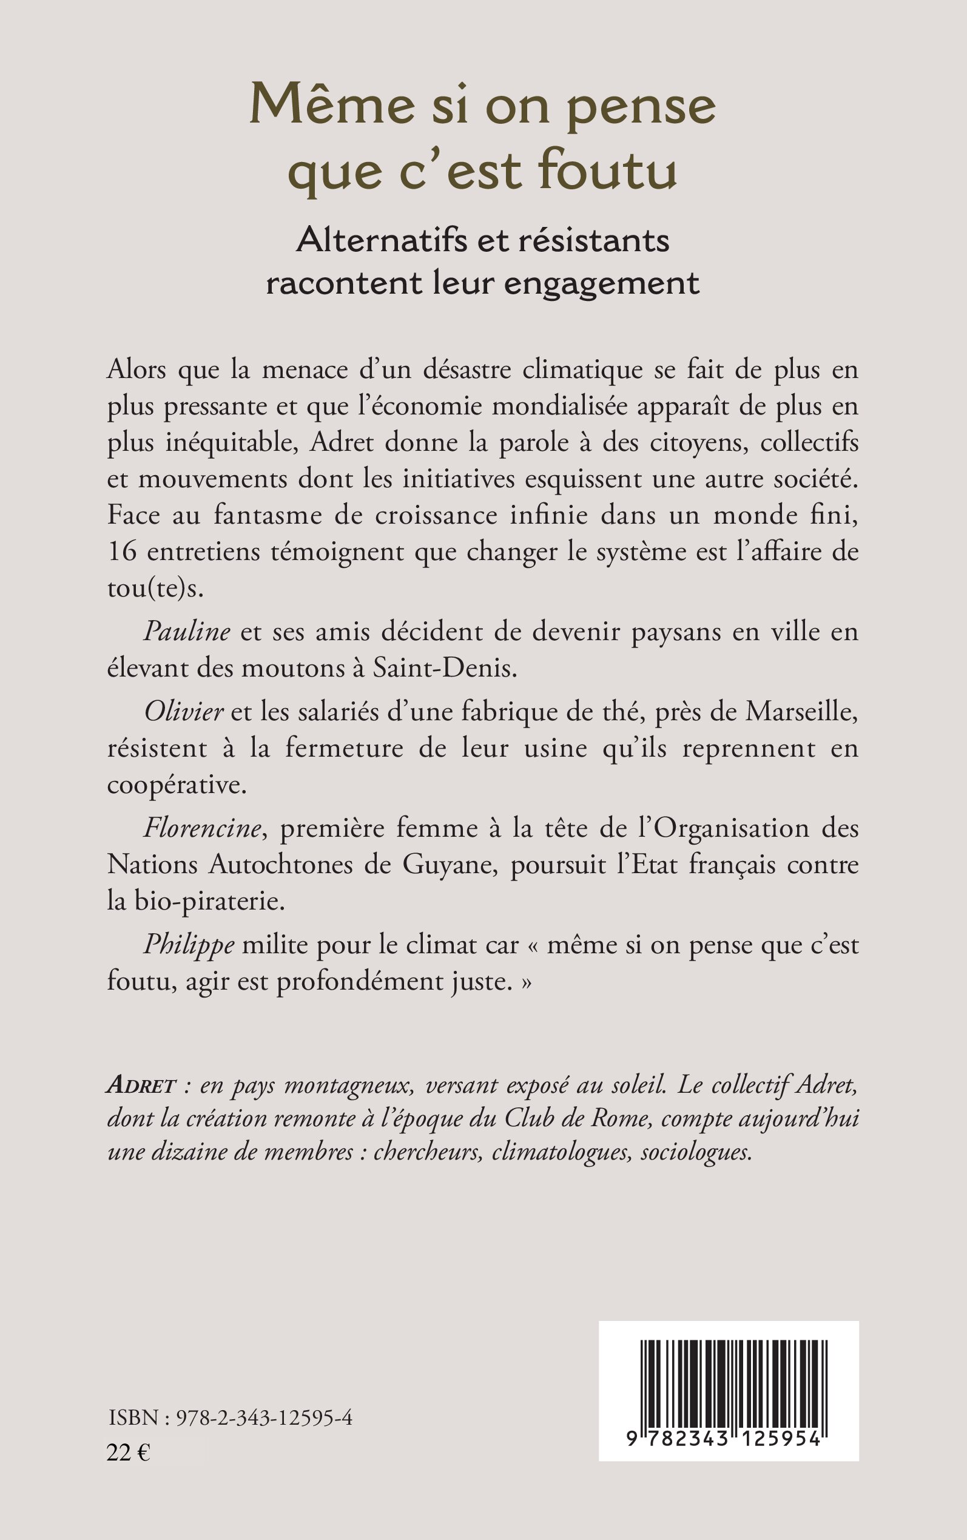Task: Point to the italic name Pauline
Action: tap(187, 632)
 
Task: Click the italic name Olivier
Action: tap(184, 712)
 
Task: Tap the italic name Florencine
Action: tap(203, 828)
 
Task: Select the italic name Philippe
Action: tap(189, 945)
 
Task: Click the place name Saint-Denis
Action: tap(445, 668)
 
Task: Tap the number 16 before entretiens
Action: tap(121, 552)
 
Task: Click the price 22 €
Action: tap(128, 1453)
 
